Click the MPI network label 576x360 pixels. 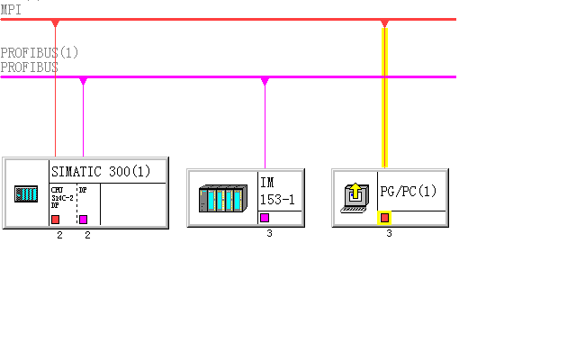click(x=11, y=9)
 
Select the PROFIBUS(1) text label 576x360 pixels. click(x=40, y=53)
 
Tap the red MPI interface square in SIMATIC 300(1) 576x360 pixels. click(x=56, y=219)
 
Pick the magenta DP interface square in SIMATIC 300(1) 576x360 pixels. click(x=83, y=219)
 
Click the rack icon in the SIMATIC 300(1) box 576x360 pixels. click(x=26, y=193)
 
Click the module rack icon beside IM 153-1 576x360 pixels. click(x=221, y=198)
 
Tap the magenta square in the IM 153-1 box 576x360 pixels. click(x=265, y=218)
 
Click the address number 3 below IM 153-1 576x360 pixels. click(x=269, y=234)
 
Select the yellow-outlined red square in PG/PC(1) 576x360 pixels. click(x=384, y=218)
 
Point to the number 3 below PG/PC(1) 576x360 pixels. click(x=389, y=234)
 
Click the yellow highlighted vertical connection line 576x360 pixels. click(x=384, y=99)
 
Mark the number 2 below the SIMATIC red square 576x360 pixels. click(x=59, y=235)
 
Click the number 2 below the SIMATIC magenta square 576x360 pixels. click(x=87, y=235)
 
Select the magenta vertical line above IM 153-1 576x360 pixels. click(x=265, y=126)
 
